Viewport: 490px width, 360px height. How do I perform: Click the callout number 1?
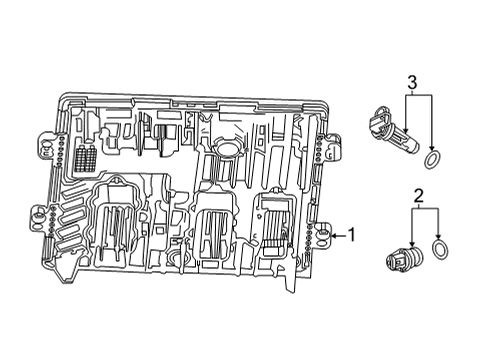351,236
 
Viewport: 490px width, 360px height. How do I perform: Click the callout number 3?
411,81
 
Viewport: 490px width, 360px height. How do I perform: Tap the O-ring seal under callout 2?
441,250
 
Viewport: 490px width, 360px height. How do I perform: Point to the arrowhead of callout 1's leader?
332,236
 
